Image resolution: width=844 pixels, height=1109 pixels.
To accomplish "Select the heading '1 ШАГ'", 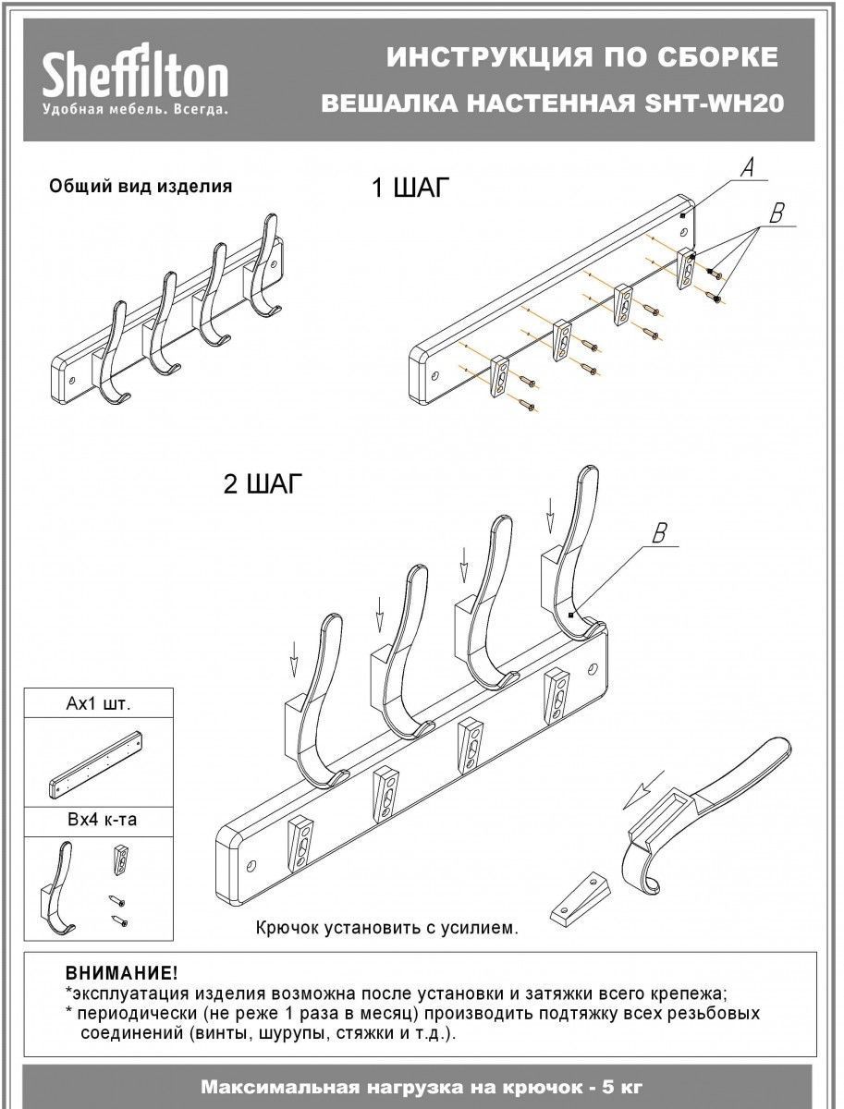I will (x=409, y=189).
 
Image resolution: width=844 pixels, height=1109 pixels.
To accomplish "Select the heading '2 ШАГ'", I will (x=263, y=484).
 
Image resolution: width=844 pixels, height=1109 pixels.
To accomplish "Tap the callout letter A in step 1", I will (x=750, y=167).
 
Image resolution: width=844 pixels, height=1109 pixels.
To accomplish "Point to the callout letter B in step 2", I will (x=660, y=533).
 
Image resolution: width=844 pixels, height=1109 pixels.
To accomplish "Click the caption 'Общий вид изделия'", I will (x=140, y=186).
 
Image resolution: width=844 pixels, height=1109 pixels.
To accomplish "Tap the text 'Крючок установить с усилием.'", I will (x=386, y=927).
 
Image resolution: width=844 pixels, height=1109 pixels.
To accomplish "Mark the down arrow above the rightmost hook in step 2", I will (x=550, y=511).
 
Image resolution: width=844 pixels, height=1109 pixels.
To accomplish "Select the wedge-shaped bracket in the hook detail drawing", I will (x=581, y=895).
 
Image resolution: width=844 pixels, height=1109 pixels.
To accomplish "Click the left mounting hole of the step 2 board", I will (x=252, y=869).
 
